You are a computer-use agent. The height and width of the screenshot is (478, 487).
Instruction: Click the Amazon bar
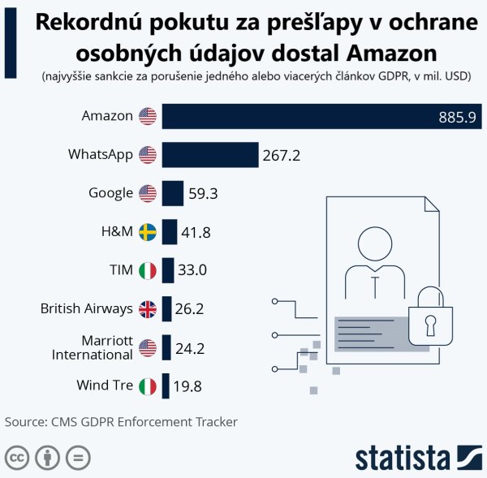321,116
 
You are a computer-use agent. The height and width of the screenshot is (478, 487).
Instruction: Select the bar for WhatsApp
209,154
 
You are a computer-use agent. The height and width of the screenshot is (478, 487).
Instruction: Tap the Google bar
172,193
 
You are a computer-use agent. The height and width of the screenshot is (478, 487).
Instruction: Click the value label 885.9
456,117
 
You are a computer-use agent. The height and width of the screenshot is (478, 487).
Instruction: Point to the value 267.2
282,155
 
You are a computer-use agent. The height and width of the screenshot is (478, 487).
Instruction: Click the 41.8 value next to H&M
196,233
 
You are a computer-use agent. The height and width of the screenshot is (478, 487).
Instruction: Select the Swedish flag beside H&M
147,232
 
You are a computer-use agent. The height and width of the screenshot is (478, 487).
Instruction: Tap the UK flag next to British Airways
147,309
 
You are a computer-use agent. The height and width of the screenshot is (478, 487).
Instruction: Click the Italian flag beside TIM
147,271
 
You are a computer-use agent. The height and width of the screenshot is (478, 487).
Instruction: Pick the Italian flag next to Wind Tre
147,386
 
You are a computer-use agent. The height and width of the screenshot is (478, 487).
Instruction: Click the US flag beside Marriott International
147,348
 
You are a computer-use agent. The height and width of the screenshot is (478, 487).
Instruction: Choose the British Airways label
86,308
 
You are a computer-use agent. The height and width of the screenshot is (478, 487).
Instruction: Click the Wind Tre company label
104,385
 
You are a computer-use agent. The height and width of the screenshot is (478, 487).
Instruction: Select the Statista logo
419,457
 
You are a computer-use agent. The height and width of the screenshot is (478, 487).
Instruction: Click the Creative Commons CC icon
17,458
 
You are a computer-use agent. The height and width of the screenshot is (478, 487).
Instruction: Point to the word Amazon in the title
392,53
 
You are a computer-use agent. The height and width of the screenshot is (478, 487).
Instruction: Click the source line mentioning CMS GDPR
121,422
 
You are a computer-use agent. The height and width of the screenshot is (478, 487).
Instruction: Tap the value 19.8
187,387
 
